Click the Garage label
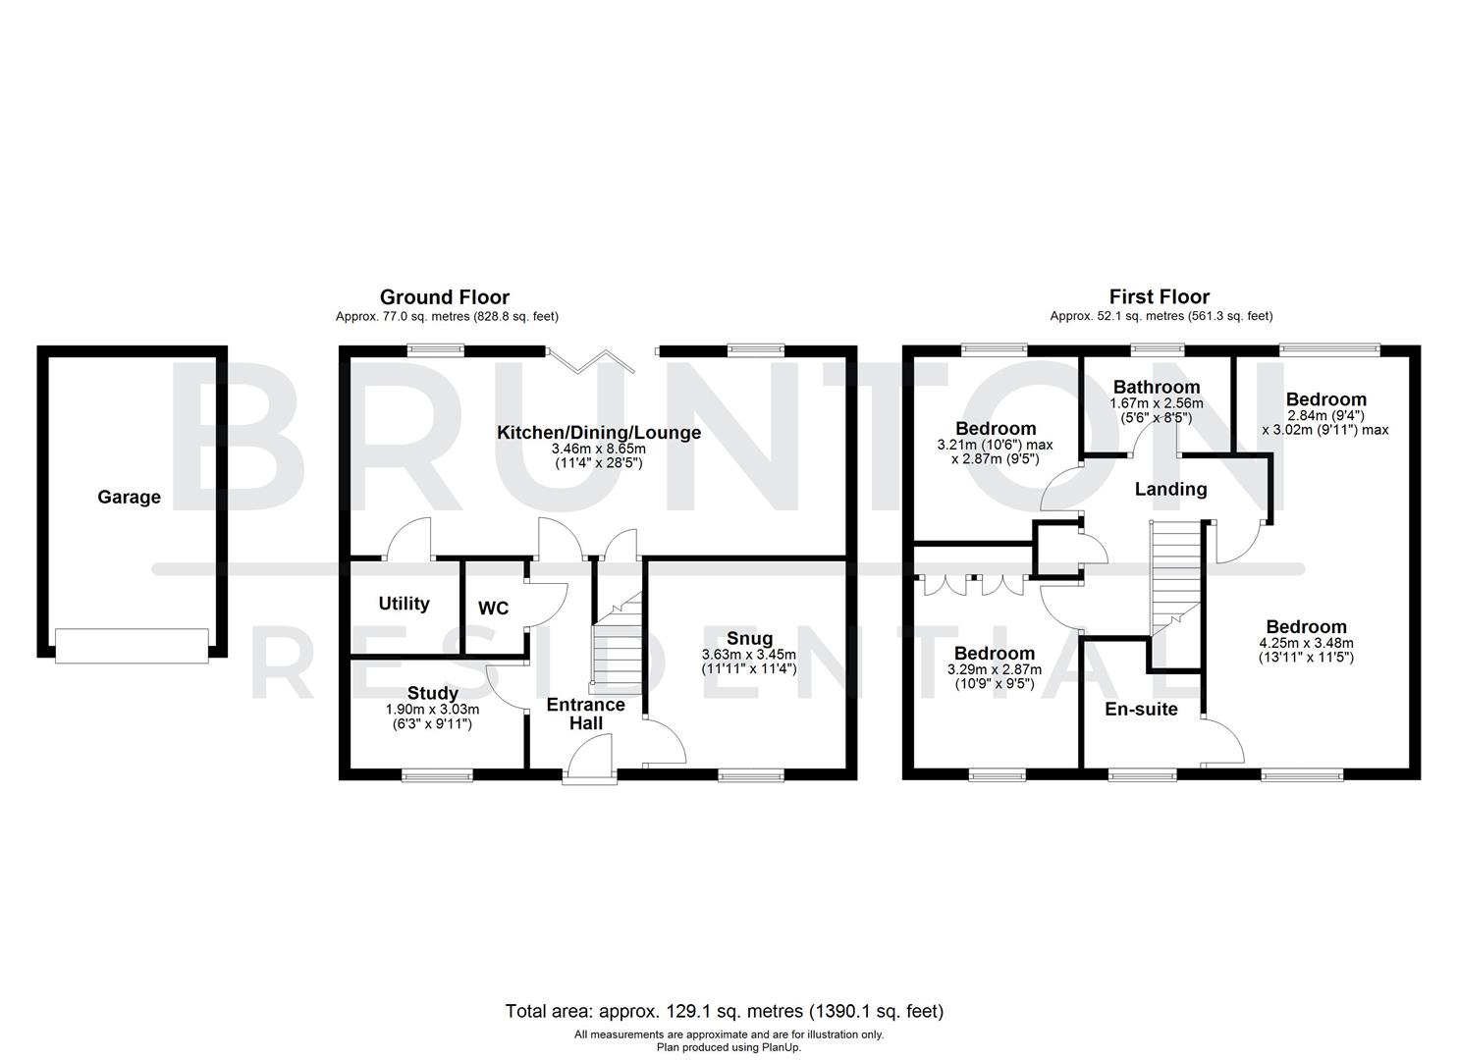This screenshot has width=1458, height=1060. pos(129,498)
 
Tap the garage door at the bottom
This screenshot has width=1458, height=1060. pos(132,645)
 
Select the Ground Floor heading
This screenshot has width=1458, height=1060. pos(445,296)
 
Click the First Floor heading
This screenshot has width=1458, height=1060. pos(1160,296)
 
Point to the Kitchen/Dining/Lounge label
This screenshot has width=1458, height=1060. pos(598,433)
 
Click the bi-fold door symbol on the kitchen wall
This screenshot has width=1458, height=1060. pos(592,360)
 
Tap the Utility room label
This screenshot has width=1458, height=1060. pos(404,604)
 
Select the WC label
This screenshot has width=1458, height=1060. pos(493,609)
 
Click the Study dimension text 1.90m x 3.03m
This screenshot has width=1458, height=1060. pos(432,710)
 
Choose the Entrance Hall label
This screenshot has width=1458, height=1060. pos(585,714)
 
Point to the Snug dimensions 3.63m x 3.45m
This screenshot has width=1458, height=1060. pos(748,655)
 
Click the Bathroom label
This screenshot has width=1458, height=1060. pos(1156,387)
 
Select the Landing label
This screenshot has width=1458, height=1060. pos(1170,489)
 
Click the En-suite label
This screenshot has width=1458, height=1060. pos(1141,709)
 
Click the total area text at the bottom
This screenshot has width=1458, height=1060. pos(724,1011)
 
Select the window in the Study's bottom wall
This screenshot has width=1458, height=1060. pos(437,775)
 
